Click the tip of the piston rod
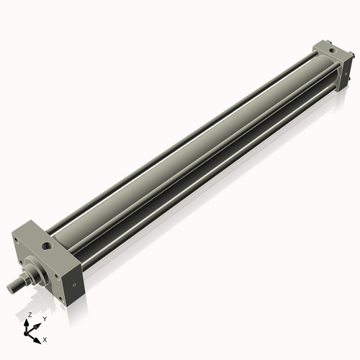(11, 289)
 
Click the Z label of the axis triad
(29, 315)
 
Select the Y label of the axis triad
(44, 318)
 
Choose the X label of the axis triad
(45, 338)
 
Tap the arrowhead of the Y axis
(37, 323)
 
